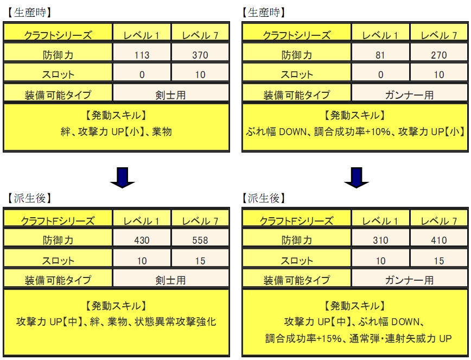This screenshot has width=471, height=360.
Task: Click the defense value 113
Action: (142, 55)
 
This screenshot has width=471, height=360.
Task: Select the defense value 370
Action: (200, 55)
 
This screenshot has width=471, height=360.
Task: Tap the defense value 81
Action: (380, 55)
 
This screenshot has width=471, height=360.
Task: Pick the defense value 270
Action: (439, 55)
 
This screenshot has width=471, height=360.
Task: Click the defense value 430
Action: (142, 240)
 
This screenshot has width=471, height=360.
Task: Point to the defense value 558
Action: (200, 240)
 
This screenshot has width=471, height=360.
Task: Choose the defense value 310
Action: (380, 240)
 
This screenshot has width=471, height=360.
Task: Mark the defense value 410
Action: (439, 240)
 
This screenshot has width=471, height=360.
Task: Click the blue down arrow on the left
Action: (122, 178)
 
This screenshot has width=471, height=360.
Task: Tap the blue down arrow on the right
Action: (357, 178)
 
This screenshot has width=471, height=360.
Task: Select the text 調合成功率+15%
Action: (303, 339)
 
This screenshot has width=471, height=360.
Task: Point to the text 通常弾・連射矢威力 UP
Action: (400, 339)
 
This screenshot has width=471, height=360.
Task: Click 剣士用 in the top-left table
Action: (170, 95)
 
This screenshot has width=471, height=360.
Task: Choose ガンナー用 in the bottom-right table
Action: (410, 280)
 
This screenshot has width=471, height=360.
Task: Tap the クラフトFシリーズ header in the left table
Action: (58, 221)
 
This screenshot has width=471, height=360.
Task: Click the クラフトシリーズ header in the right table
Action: (297, 35)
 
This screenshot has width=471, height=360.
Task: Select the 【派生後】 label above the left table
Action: (29, 198)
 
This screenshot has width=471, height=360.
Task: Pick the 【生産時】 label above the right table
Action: (263, 12)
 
